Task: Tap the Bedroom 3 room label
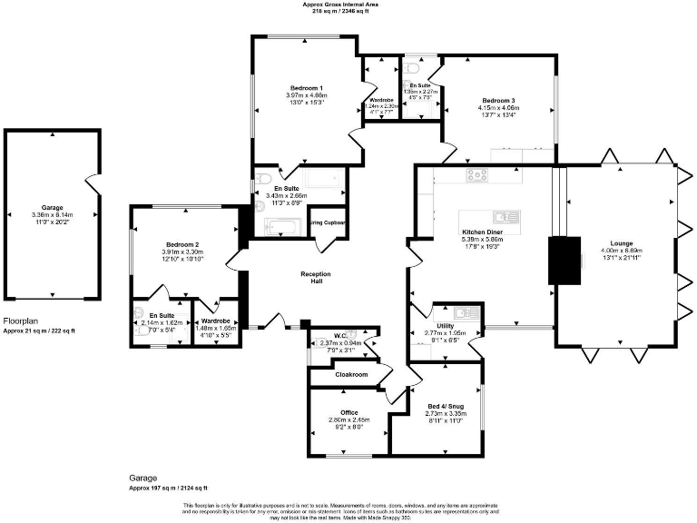pyautogui.click(x=498, y=100)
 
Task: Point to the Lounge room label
pyautogui.click(x=622, y=243)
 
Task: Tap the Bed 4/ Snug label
pyautogui.click(x=446, y=406)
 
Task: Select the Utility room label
pyautogui.click(x=445, y=324)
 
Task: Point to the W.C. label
pyautogui.click(x=341, y=335)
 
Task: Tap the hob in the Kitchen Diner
pyautogui.click(x=478, y=174)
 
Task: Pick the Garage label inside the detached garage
pyautogui.click(x=52, y=207)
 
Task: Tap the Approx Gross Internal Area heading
pyautogui.click(x=341, y=5)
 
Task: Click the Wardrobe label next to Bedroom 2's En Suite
pyautogui.click(x=216, y=321)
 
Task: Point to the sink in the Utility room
pyautogui.click(x=466, y=313)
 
